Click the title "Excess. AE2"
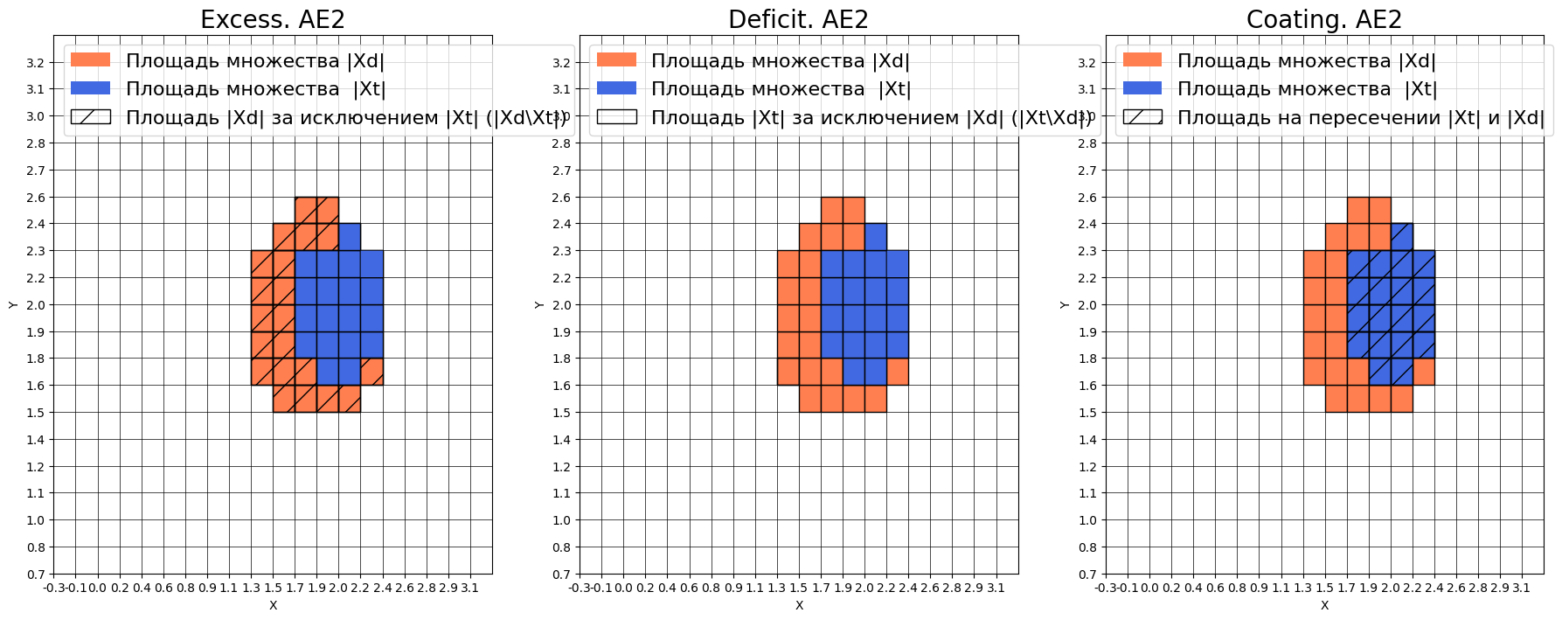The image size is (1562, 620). tap(272, 19)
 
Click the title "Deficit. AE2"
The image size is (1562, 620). tap(798, 19)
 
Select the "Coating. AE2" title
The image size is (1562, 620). tap(1323, 19)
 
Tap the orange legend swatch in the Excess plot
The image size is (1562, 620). tap(90, 60)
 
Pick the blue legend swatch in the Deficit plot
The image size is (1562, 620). tap(616, 88)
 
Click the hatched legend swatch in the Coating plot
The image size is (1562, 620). tap(1142, 117)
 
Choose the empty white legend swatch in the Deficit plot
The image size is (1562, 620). tap(616, 117)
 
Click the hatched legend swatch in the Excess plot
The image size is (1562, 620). tap(90, 117)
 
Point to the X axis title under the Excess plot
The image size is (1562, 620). tap(273, 605)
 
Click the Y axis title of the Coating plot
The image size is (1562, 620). tap(1064, 304)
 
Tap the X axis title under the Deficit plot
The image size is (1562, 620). tap(799, 605)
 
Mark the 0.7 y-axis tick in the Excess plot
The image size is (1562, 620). tap(35, 575)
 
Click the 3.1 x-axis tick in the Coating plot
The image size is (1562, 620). tap(1521, 589)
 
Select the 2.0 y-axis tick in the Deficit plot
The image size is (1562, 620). tap(561, 305)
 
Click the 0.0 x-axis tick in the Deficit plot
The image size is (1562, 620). tap(623, 589)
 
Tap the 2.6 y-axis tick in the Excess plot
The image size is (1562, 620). tap(35, 198)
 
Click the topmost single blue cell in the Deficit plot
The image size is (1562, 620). tap(876, 237)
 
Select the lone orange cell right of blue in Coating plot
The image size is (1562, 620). tap(1424, 372)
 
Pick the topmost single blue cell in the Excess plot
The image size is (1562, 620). tap(350, 237)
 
